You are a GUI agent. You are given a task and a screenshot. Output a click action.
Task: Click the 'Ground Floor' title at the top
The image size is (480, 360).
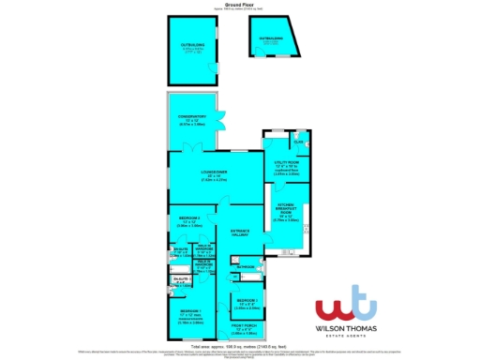(239, 4)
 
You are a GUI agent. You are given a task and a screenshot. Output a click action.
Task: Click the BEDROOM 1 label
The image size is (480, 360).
(191, 313)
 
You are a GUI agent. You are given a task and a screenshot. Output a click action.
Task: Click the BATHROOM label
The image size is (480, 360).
(246, 268)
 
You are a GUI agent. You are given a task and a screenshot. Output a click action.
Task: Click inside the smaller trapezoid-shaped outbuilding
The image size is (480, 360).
(272, 43)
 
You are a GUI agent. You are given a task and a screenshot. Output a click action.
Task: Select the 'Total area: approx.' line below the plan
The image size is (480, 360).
(239, 345)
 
